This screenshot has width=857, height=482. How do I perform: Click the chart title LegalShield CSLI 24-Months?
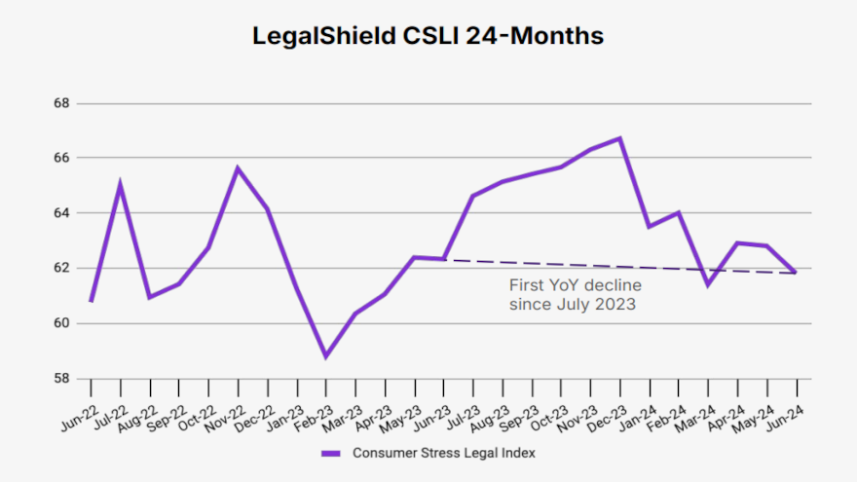(x=428, y=36)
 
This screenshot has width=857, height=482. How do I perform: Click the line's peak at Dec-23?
(x=620, y=138)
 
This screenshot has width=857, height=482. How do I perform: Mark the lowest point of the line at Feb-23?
(x=326, y=356)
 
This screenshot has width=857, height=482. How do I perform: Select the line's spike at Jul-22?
(x=120, y=184)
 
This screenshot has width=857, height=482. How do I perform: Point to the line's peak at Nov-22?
(x=238, y=168)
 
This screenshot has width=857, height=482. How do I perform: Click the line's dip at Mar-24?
(x=708, y=284)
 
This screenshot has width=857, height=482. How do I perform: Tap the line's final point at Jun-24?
(x=797, y=273)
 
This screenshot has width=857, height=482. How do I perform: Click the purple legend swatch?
(x=331, y=453)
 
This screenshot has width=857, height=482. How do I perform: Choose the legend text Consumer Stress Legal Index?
(x=444, y=453)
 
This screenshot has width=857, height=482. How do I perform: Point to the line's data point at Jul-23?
(x=472, y=196)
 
